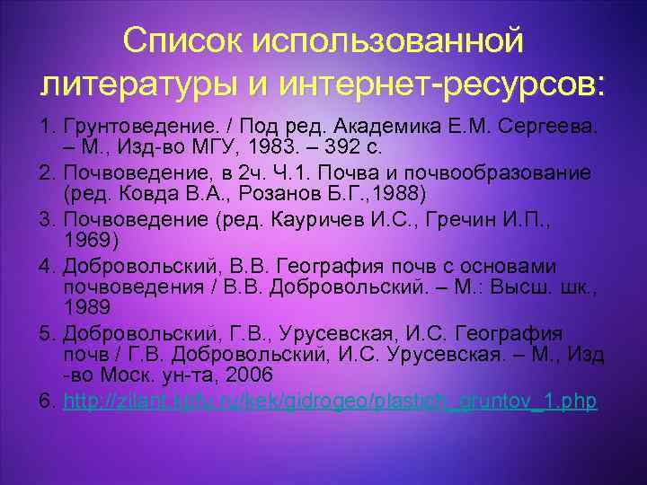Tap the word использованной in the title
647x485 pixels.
tap(388, 40)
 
